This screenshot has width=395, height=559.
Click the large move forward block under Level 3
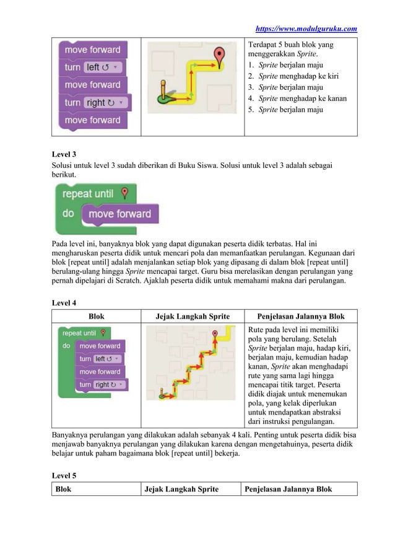pos(119,214)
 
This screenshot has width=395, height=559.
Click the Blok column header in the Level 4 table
pos(97,316)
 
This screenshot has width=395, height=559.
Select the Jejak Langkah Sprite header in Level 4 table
pos(193,316)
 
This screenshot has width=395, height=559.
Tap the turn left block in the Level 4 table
pos(99,359)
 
